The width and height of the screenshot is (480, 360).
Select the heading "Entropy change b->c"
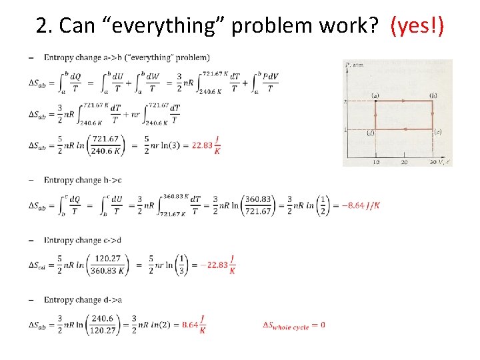point(83,180)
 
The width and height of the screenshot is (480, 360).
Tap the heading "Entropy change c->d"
point(83,240)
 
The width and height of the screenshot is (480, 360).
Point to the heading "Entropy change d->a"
point(83,300)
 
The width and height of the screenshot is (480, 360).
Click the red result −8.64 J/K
point(361,205)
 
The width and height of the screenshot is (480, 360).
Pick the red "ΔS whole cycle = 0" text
point(294,325)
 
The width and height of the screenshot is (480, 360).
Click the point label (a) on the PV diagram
point(375,95)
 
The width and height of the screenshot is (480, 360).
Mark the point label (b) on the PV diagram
point(433,95)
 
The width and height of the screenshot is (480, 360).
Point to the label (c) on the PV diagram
point(438,132)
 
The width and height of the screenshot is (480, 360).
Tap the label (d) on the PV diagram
point(370,133)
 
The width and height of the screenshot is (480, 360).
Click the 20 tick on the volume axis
point(404,162)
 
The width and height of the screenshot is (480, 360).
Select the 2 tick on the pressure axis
point(346,101)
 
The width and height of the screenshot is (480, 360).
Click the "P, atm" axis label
point(353,65)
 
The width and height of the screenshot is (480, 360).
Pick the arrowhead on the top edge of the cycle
point(405,101)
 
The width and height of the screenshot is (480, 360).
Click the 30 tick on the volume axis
point(433,162)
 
